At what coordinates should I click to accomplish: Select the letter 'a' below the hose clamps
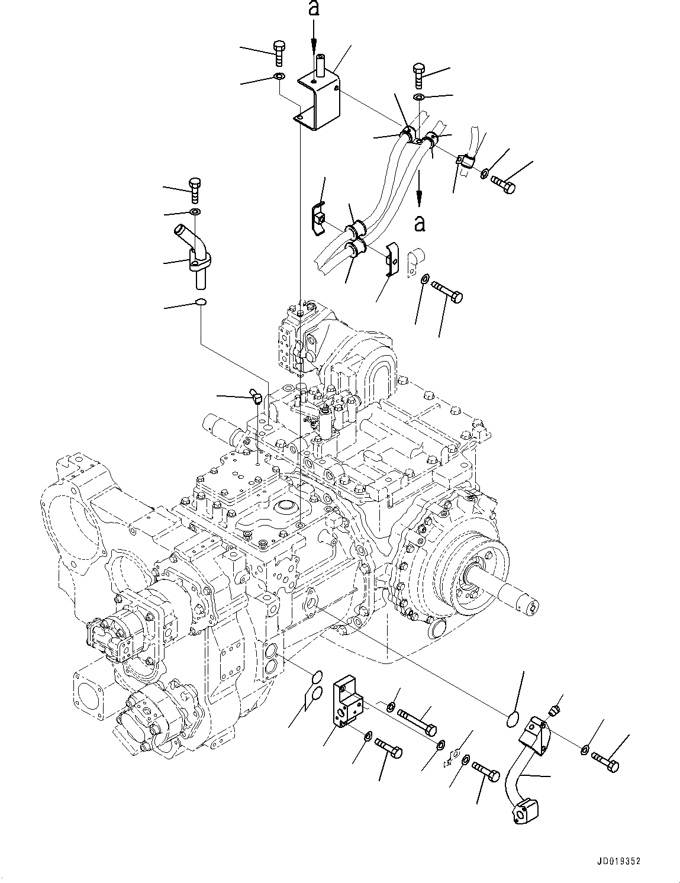pyautogui.click(x=419, y=223)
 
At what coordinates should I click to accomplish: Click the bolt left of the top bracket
pyautogui.click(x=279, y=53)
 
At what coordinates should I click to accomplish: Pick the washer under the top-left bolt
pyautogui.click(x=279, y=76)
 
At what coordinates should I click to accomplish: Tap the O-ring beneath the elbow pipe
pyautogui.click(x=201, y=303)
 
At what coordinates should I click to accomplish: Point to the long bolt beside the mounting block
pyautogui.click(x=417, y=720)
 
